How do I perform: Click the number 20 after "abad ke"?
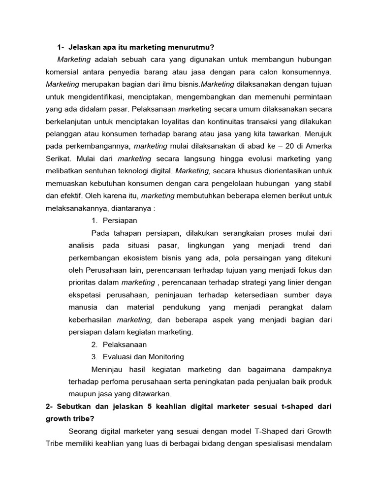point(282,146)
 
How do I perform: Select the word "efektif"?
point(84,195)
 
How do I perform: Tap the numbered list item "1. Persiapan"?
point(114,220)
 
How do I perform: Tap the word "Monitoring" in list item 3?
point(164,357)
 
